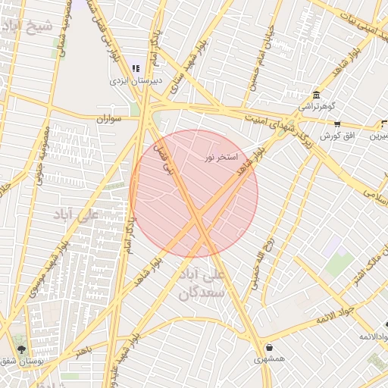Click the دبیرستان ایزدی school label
pos(130,80)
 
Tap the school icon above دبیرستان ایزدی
pos(136,68)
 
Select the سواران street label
pos(110,119)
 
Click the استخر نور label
pos(221,158)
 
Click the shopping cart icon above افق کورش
pos(337,124)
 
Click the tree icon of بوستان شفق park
pos(21,350)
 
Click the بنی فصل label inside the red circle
pos(164,159)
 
